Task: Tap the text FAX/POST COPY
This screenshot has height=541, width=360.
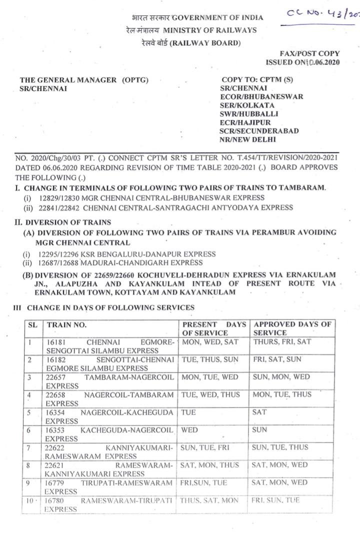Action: [310, 54]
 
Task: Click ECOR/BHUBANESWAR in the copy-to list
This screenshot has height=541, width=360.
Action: [261, 97]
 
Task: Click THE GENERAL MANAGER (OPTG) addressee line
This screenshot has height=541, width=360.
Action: [84, 79]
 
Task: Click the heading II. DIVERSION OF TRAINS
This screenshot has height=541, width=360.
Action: [63, 222]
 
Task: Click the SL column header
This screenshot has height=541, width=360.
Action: [33, 324]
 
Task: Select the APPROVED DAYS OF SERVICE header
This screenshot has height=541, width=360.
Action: [292, 328]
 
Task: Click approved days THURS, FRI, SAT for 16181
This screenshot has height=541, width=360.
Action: [281, 342]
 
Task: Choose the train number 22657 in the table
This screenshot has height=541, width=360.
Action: [55, 377]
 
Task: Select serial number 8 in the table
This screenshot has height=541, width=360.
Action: [31, 464]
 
